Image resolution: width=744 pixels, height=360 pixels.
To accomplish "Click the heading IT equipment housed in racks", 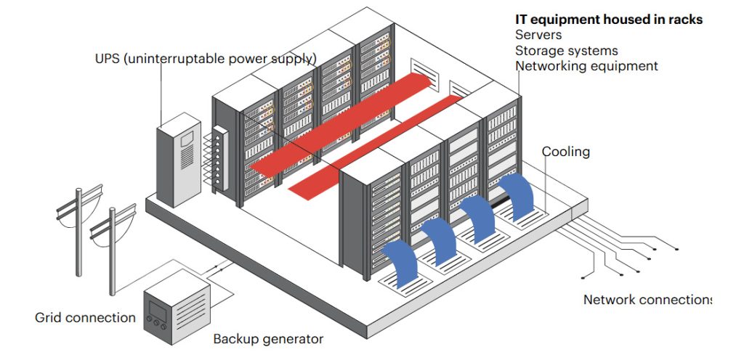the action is [x=609, y=20].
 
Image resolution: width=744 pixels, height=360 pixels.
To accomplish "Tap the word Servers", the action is [x=538, y=35].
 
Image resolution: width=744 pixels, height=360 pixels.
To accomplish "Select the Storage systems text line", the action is [x=567, y=51].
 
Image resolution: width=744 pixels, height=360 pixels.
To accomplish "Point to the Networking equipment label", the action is [x=587, y=66].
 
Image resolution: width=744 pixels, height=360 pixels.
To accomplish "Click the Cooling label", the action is [x=565, y=152].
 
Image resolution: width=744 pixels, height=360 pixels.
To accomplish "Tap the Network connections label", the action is [x=647, y=300].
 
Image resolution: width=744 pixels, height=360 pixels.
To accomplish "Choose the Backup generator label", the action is [x=268, y=339].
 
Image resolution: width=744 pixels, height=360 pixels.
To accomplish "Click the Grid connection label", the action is [x=86, y=317].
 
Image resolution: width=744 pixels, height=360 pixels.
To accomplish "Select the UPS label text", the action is [x=206, y=59].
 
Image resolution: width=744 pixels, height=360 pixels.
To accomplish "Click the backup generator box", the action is [x=177, y=307].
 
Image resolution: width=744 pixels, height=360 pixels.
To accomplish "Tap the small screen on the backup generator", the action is [x=157, y=311].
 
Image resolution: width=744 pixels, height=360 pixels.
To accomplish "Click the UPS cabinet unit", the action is [x=179, y=160].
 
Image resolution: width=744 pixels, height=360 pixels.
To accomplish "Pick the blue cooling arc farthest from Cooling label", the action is [x=401, y=263].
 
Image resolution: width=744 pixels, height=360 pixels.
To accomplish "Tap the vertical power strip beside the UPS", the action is [x=221, y=157].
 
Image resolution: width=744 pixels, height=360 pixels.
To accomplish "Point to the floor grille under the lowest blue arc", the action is [x=405, y=285].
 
